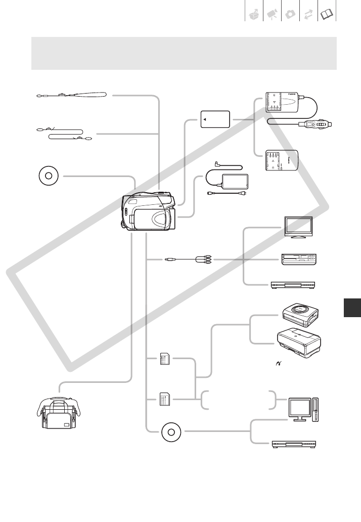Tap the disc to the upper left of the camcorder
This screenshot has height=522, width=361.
coord(49,177)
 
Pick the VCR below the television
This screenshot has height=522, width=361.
coord(298,260)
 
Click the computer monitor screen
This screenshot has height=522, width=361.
coord(300,407)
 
